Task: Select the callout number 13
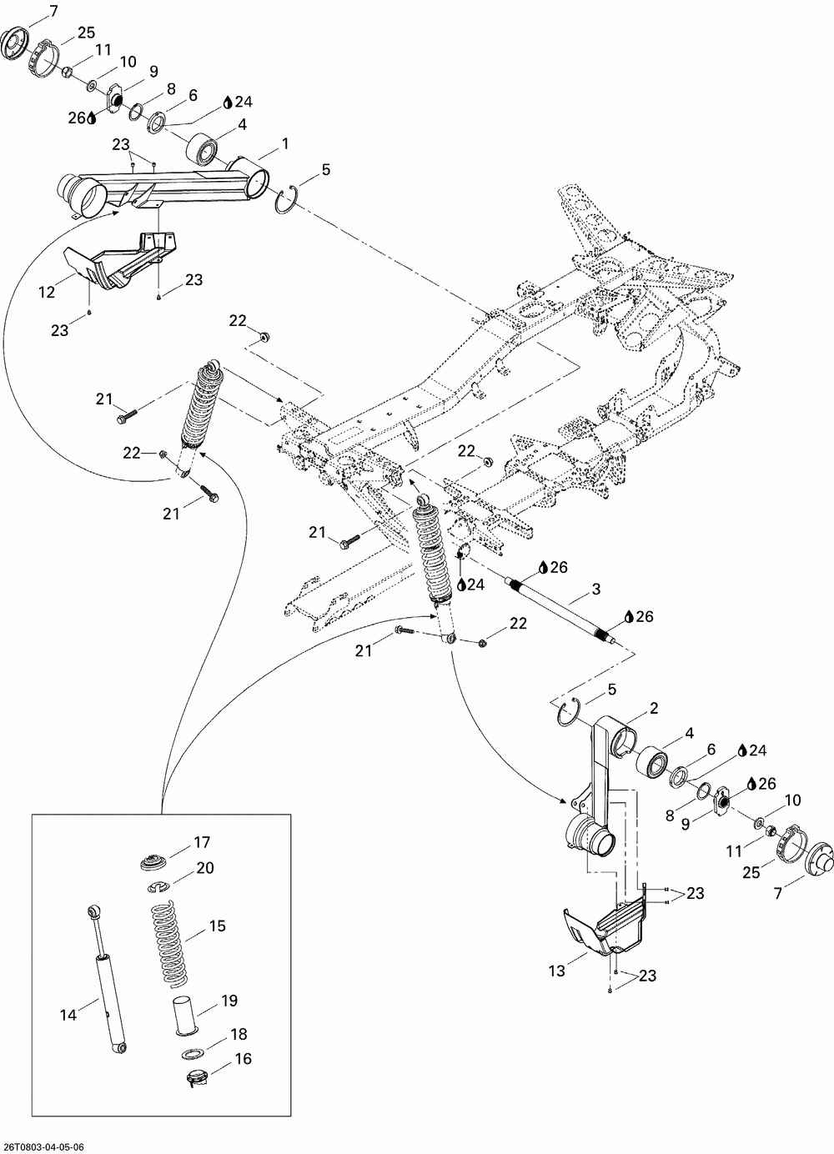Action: point(556,971)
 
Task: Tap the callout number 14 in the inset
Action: point(68,1015)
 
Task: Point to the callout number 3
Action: point(595,590)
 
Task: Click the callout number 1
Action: point(285,144)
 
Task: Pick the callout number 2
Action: point(654,709)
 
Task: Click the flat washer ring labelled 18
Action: point(190,1054)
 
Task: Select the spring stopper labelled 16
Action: point(195,1078)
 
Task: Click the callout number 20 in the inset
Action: point(205,868)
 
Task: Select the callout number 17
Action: point(203,842)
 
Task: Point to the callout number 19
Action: point(230,1001)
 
